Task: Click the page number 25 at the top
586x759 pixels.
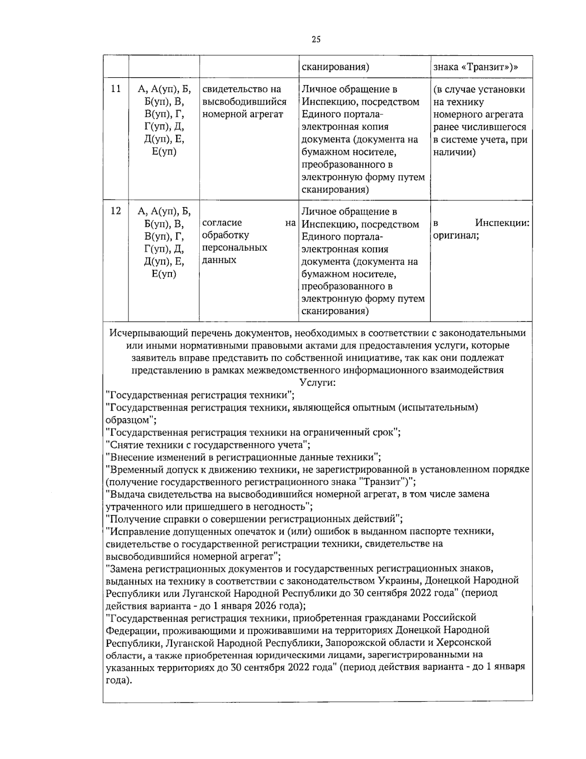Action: (315, 40)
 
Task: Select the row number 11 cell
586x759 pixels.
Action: (116, 89)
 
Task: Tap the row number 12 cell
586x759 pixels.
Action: (116, 211)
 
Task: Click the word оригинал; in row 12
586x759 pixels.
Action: (456, 236)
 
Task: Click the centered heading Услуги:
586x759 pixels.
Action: (316, 383)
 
